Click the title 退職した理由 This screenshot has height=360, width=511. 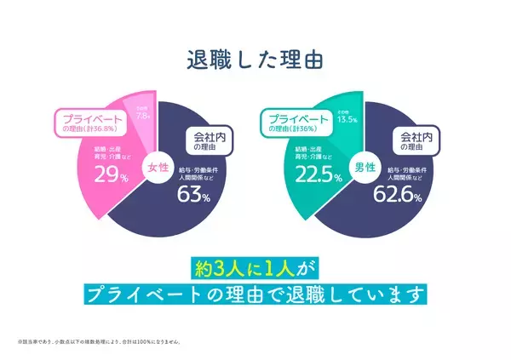pos(255,60)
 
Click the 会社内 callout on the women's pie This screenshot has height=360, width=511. pos(204,140)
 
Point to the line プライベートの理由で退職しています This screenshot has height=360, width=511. pos(255,294)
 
